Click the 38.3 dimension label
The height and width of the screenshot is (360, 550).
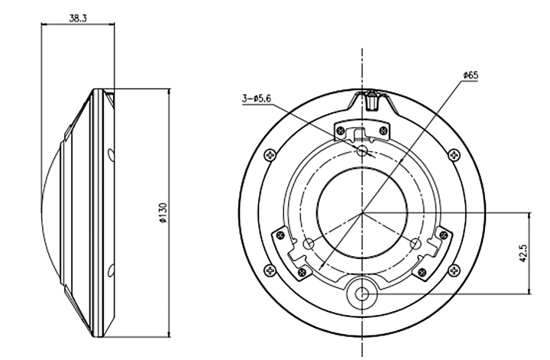coord(77,18)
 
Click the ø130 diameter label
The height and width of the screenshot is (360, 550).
coord(163,212)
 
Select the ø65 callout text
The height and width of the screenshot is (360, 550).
coord(471,75)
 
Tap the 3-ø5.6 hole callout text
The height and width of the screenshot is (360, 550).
coord(257,99)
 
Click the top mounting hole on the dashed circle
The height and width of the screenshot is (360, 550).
coord(362,151)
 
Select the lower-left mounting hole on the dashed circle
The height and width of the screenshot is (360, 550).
coord(309,243)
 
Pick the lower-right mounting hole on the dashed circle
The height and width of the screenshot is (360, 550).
coord(416,243)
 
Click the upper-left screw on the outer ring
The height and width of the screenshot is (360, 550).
coord(270,154)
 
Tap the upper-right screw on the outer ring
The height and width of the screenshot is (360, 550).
coord(455,154)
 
